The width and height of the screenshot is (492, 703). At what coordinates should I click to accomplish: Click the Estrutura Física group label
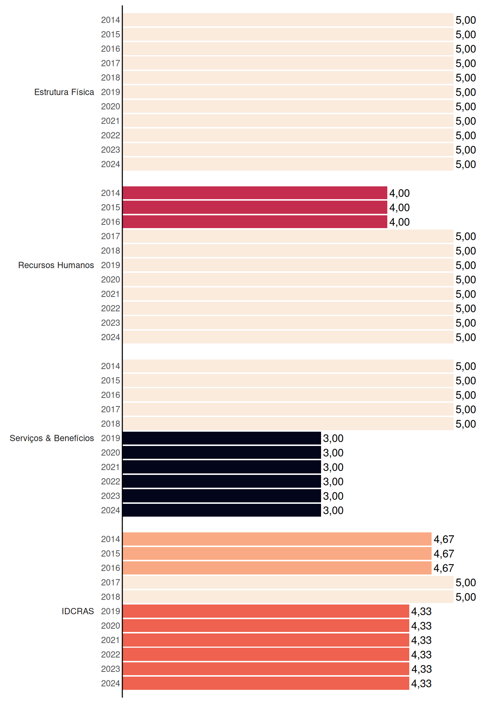(64, 92)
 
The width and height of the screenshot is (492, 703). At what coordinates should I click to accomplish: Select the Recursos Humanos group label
(56, 265)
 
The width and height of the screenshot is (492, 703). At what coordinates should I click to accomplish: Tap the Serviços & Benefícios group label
(52, 438)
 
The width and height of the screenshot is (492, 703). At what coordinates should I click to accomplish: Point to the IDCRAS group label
(78, 611)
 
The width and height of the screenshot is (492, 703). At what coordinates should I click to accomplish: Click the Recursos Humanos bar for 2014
(255, 193)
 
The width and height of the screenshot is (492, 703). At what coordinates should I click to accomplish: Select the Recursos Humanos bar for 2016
(255, 222)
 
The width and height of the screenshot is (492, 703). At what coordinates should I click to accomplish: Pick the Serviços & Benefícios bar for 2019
(222, 438)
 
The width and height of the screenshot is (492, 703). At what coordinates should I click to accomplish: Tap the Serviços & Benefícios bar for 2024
(222, 510)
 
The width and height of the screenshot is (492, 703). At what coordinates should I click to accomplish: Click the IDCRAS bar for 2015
(277, 554)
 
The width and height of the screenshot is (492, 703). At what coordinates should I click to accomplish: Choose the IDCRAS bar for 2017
(288, 583)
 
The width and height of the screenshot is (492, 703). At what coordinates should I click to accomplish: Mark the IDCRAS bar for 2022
(266, 655)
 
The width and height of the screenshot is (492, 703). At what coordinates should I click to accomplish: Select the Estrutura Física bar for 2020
(288, 107)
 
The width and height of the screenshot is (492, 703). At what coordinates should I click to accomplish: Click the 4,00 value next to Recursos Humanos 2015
(399, 208)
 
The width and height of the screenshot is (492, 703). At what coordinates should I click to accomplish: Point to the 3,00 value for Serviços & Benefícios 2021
(333, 467)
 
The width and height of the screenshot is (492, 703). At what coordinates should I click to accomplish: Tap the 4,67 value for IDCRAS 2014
(444, 539)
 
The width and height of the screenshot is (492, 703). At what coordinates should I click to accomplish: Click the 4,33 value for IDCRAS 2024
(421, 684)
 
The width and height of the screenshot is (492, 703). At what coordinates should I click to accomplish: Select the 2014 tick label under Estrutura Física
(111, 20)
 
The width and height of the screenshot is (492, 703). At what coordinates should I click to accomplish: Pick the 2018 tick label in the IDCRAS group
(111, 597)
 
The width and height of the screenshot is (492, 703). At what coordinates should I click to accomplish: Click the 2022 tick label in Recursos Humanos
(111, 308)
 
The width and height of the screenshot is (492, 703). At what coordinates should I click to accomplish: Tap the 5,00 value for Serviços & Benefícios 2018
(466, 424)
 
